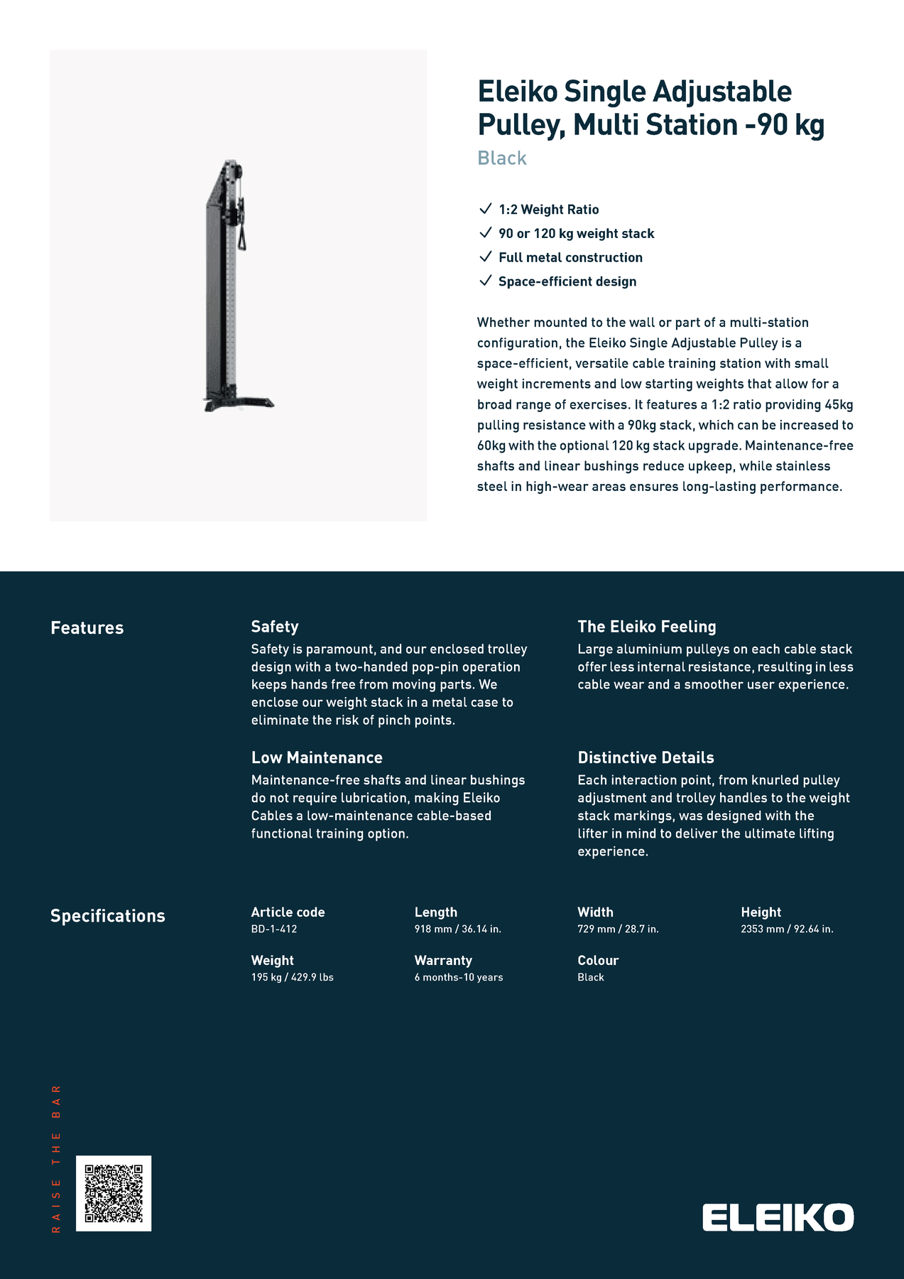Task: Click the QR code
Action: [x=114, y=1193]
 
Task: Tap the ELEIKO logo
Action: [x=778, y=1217]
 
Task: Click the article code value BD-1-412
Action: [x=274, y=929]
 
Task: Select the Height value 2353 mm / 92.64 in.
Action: [x=787, y=929]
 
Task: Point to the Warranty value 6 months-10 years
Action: [x=459, y=977]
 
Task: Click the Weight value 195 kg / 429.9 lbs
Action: [x=292, y=977]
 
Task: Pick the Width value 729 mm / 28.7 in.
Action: [x=618, y=929]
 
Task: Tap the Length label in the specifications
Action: [x=436, y=912]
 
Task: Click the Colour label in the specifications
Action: [x=598, y=960]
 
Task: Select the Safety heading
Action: [x=275, y=626]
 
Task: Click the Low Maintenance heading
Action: [x=317, y=757]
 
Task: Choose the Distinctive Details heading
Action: [x=646, y=757]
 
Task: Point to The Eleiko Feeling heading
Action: [x=646, y=626]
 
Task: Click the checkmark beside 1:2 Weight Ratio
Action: [x=486, y=208]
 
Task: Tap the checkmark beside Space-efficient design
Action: [x=486, y=280]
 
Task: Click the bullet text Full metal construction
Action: [x=570, y=257]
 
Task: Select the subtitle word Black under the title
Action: [x=502, y=158]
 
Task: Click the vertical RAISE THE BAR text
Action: [x=56, y=1158]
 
